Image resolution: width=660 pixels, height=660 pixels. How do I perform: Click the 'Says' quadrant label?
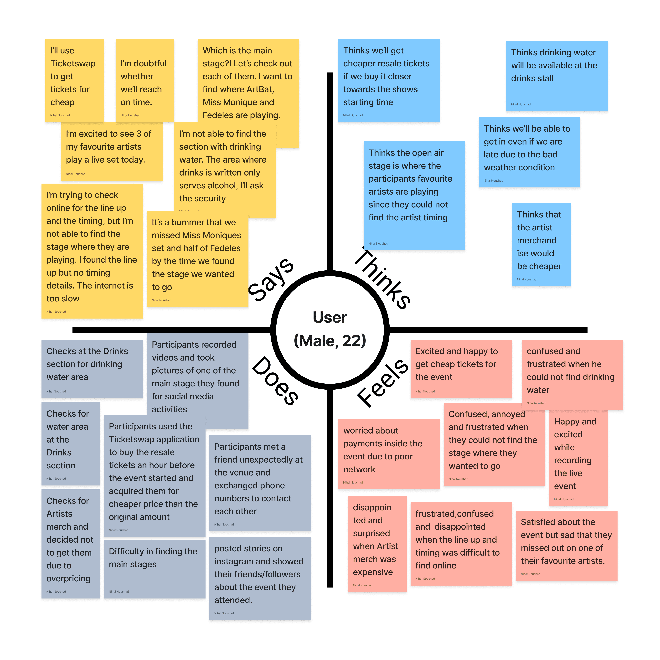271,279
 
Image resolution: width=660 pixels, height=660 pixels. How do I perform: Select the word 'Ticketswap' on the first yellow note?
73,64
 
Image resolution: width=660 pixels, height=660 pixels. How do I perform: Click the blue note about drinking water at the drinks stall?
557,76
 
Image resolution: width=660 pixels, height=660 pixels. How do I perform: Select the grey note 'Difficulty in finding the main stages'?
154,568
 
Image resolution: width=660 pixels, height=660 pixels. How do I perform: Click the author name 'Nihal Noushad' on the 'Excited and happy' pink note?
425,392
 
